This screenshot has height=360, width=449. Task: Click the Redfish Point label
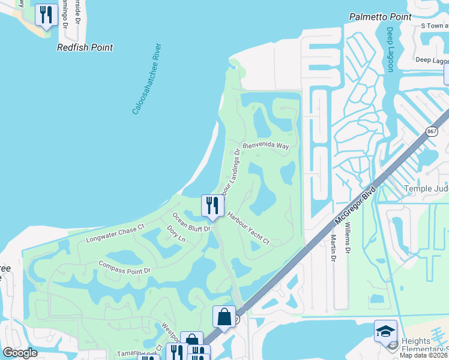[x=85, y=47]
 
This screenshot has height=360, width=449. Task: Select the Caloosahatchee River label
[x=148, y=78]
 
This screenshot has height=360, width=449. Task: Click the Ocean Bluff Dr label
[x=191, y=222]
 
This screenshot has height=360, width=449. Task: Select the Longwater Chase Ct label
[x=115, y=233]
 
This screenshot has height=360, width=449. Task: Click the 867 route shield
[x=432, y=131]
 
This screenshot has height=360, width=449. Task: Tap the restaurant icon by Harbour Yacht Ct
[x=212, y=206]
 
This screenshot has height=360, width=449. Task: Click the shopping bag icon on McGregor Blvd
[x=224, y=316]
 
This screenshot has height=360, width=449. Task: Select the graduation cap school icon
[x=385, y=331]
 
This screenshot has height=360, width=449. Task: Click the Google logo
[x=20, y=353]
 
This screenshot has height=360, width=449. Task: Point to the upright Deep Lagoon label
[x=390, y=49]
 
